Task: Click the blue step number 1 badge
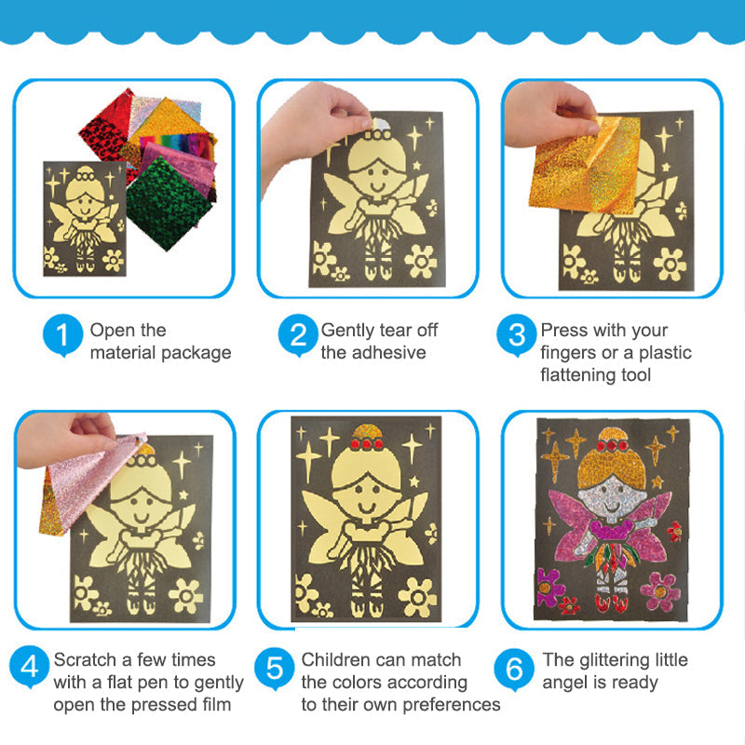click(62, 334)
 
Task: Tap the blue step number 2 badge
click(298, 334)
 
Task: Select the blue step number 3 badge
click(517, 334)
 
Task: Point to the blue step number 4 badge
click(30, 666)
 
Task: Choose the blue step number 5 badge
click(274, 668)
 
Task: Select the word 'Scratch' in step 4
click(86, 659)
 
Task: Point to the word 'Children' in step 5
click(334, 659)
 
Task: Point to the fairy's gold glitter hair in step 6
click(611, 463)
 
